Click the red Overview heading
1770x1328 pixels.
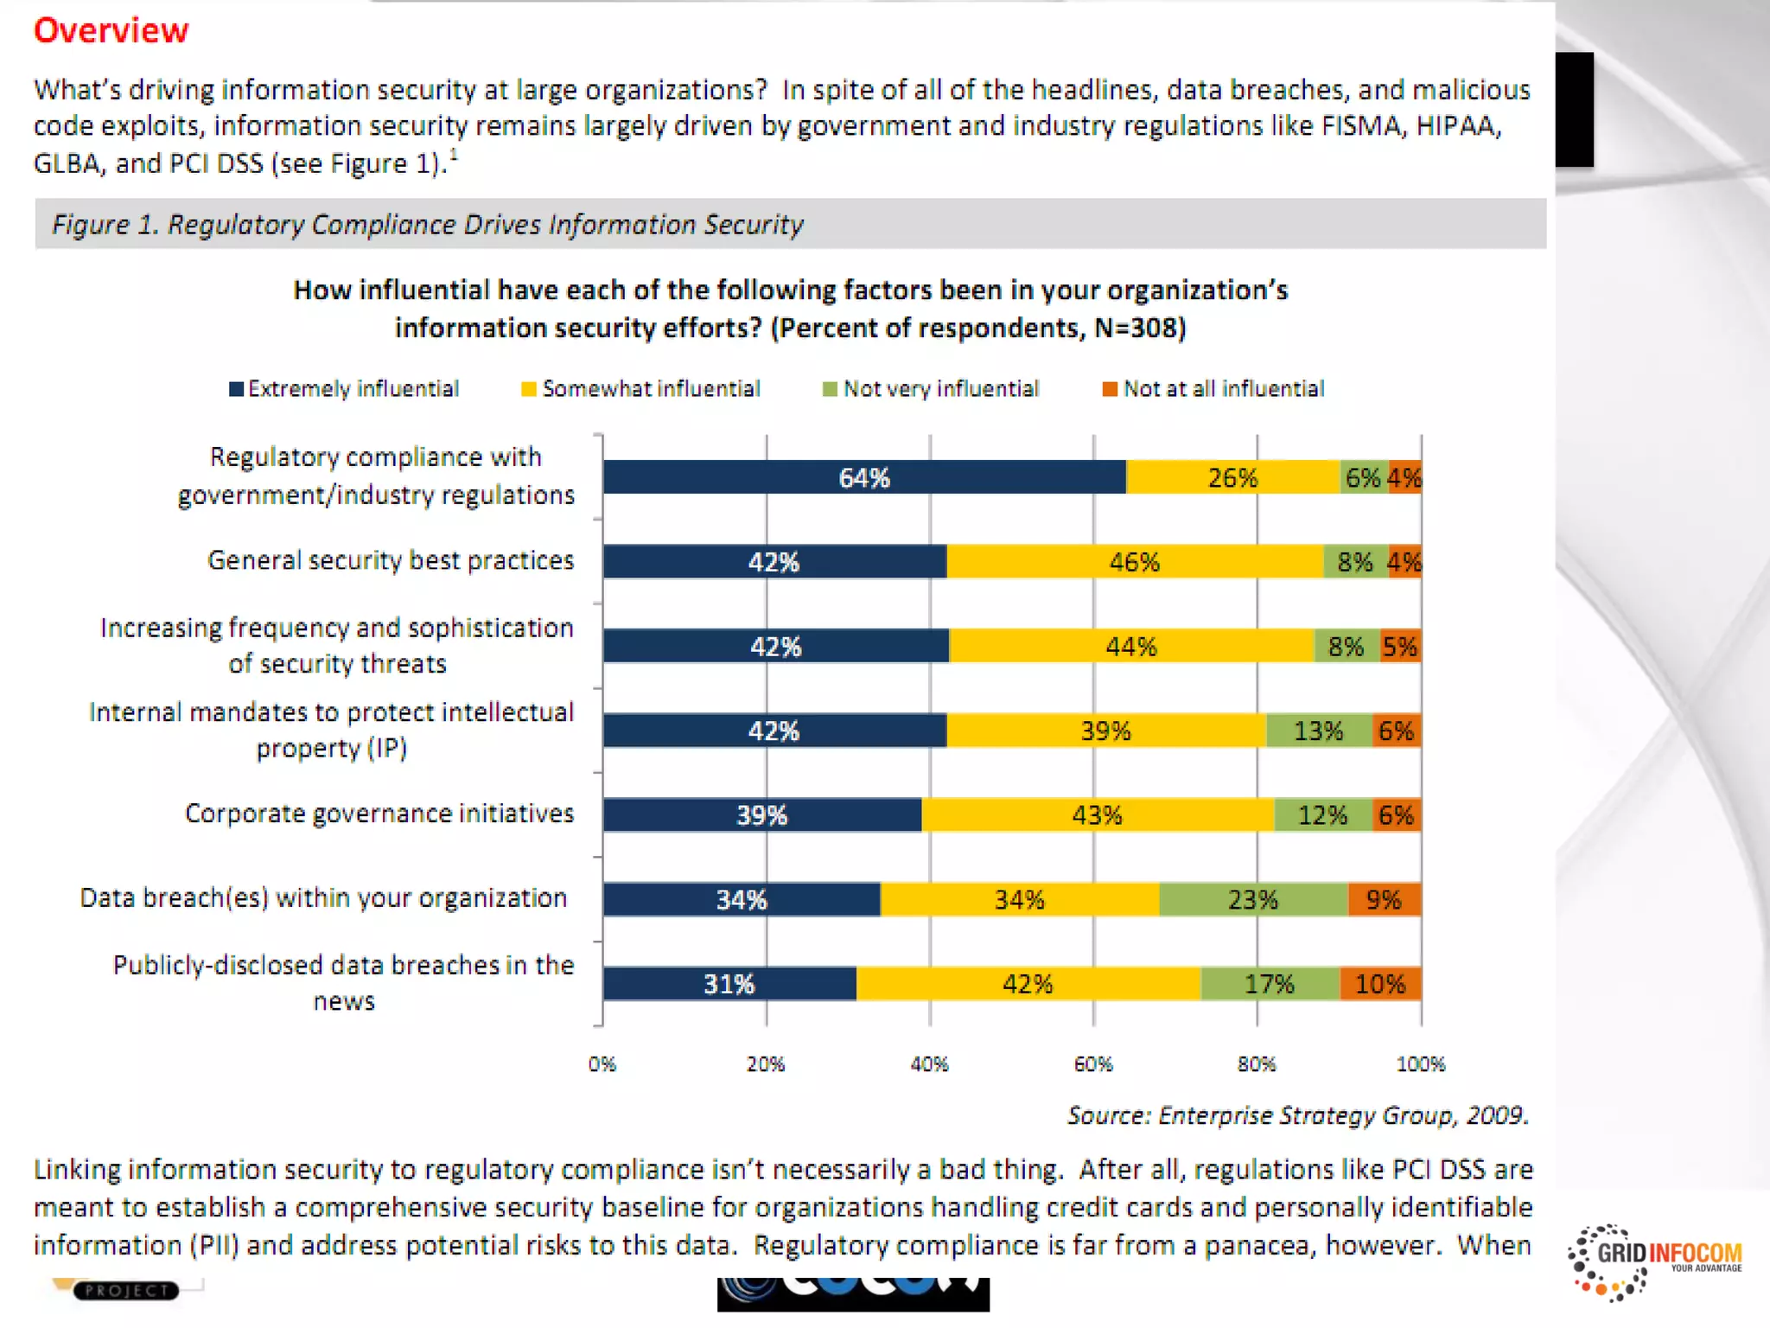point(111,30)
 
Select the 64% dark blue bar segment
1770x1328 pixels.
point(864,477)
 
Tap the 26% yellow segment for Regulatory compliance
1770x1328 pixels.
point(1232,477)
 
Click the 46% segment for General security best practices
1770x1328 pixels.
point(1134,562)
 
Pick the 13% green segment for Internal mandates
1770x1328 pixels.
point(1318,731)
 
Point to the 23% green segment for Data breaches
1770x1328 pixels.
point(1252,899)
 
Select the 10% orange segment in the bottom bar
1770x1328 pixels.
point(1380,984)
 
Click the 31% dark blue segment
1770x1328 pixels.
point(729,984)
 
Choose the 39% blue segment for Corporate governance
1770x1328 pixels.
point(761,815)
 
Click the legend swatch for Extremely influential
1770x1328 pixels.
point(236,389)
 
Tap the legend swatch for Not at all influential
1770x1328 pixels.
point(1110,389)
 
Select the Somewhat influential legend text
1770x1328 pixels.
point(651,389)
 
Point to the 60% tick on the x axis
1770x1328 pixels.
point(1093,1063)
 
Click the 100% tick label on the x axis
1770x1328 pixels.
point(1420,1063)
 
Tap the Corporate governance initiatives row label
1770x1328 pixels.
point(379,814)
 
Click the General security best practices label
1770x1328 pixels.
point(391,560)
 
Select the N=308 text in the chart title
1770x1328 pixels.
point(1140,328)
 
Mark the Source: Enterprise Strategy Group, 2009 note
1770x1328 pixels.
point(1297,1115)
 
